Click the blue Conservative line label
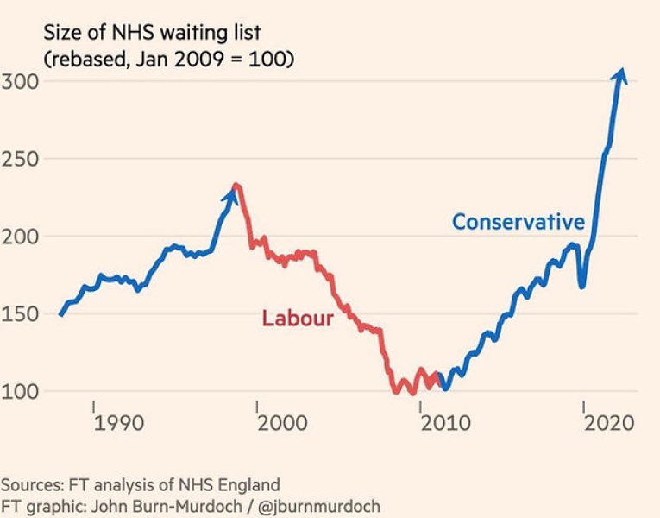click(x=518, y=222)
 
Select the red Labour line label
click(x=298, y=319)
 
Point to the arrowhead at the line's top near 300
click(x=619, y=76)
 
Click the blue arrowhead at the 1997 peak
click(x=230, y=194)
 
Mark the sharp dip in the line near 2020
click(x=583, y=285)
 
